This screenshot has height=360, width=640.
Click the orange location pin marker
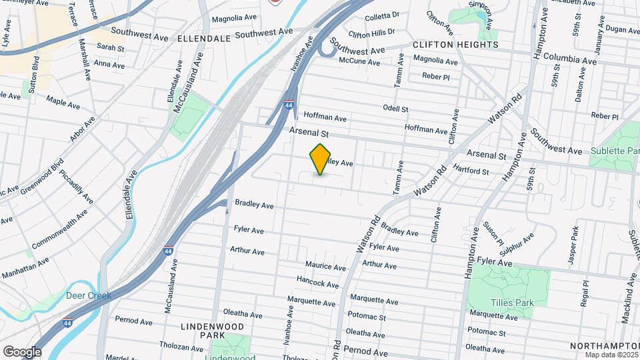(321, 159)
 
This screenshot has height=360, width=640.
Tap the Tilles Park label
(513, 303)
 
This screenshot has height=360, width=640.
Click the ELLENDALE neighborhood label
(204, 39)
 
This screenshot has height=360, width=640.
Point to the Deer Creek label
(88, 295)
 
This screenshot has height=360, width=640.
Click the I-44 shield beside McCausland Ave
(167, 251)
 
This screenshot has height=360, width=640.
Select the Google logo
(22, 351)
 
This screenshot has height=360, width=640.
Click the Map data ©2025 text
(611, 355)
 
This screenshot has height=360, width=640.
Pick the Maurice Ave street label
(325, 267)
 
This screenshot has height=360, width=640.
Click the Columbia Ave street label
(569, 60)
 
